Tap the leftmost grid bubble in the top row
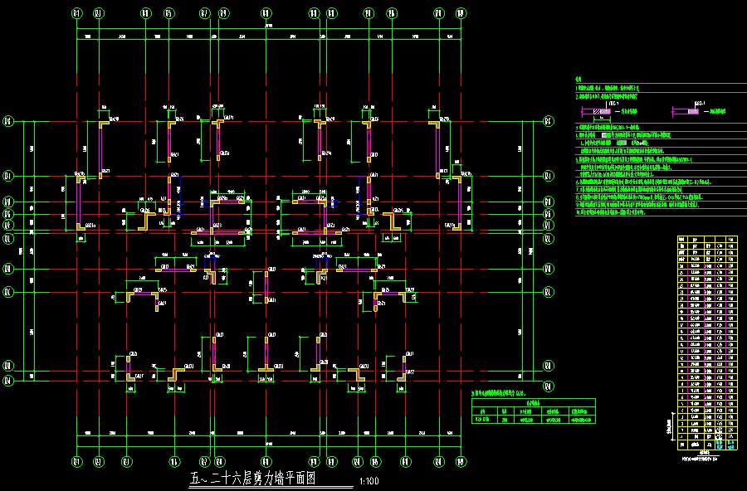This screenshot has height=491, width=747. pos(77,13)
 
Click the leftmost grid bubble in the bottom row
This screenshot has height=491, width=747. pos(77,462)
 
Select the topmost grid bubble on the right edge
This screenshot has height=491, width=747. pos(548,121)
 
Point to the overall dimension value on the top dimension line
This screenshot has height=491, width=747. pos(269,29)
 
